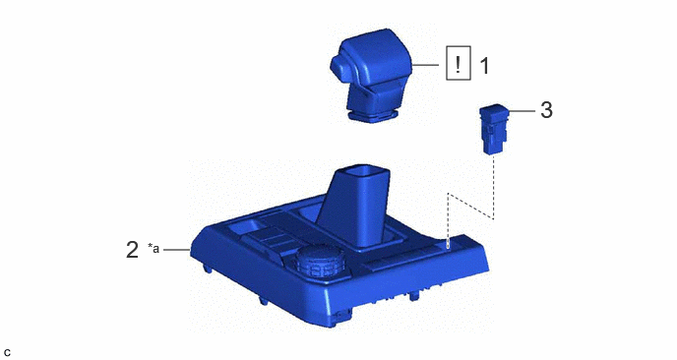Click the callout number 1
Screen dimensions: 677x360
pos(485,66)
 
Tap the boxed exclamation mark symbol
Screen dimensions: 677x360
pos(459,63)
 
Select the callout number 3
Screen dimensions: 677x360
pos(546,110)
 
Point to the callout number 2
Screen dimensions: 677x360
pos(132,250)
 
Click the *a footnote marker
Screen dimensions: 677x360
pos(154,248)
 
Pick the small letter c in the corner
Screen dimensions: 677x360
pos(7,352)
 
